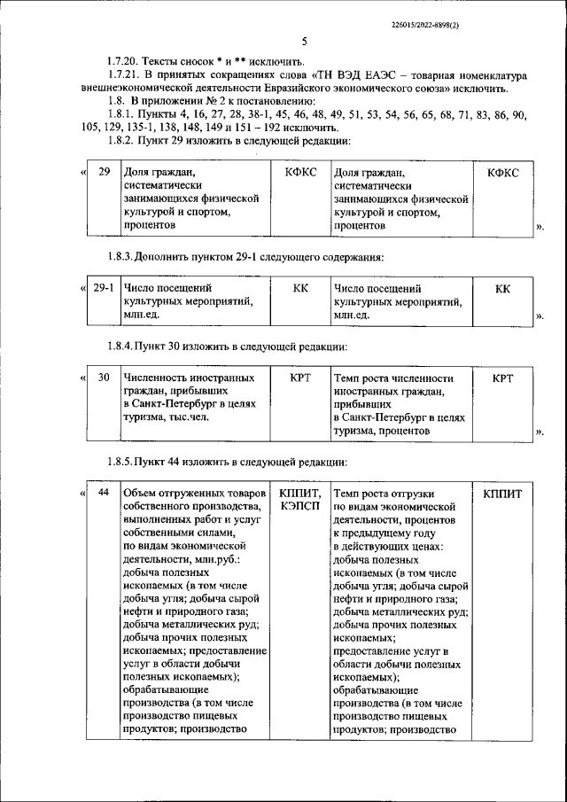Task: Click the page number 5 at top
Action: (x=303, y=41)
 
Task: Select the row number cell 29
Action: (x=104, y=171)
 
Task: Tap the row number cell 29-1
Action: (x=104, y=288)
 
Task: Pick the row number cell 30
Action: (x=104, y=378)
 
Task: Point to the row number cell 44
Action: (x=104, y=492)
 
